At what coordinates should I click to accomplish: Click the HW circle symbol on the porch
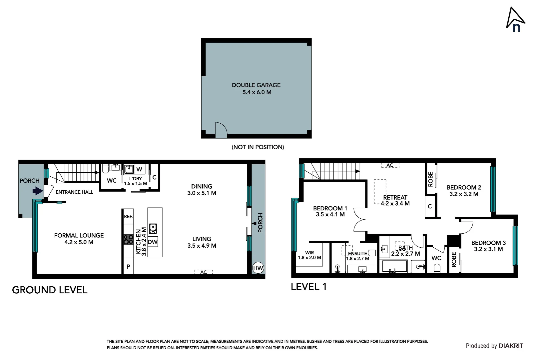click(x=258, y=268)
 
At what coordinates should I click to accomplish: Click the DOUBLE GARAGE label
click(x=256, y=85)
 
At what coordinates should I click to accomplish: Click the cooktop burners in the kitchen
click(x=128, y=240)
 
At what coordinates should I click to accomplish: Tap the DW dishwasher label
click(x=153, y=242)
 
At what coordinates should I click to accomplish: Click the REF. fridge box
click(x=128, y=216)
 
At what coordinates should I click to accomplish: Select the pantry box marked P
click(x=128, y=267)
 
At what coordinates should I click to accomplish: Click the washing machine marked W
click(x=139, y=169)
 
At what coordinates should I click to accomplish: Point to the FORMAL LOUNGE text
click(x=79, y=235)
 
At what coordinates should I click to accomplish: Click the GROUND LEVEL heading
click(x=50, y=290)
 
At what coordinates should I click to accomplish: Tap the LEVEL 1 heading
click(x=308, y=287)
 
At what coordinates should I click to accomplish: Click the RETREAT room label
click(x=395, y=197)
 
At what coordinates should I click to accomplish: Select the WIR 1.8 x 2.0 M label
click(x=309, y=255)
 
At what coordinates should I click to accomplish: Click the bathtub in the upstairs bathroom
click(x=395, y=267)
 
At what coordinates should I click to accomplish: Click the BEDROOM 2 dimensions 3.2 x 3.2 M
click(x=464, y=194)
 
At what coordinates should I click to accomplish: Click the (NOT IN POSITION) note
click(x=258, y=147)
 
